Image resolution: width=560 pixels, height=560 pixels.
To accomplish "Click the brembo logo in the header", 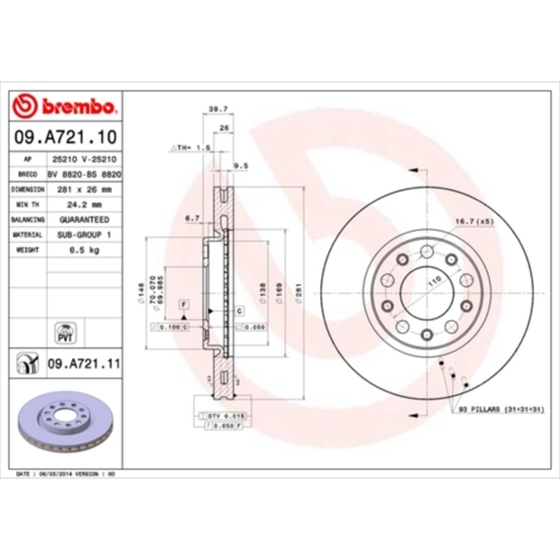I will point(66,105).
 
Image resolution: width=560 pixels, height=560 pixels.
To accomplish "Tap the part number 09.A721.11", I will point(83,363).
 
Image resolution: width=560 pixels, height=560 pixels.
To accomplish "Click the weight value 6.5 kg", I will point(84,250).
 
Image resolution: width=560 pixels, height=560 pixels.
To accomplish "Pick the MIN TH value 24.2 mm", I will point(84,205).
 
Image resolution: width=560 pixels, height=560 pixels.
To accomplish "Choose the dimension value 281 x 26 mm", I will point(84,190).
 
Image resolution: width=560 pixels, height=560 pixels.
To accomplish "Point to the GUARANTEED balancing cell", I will point(84,220).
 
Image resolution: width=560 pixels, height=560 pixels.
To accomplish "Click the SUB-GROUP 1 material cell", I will point(84,235).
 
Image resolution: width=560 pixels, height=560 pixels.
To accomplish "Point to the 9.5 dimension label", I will point(240,166).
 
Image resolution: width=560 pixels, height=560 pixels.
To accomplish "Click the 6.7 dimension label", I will point(192,219).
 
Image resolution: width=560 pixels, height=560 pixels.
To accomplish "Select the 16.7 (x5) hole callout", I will point(474,222).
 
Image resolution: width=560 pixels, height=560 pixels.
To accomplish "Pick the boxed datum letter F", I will point(183,304).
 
